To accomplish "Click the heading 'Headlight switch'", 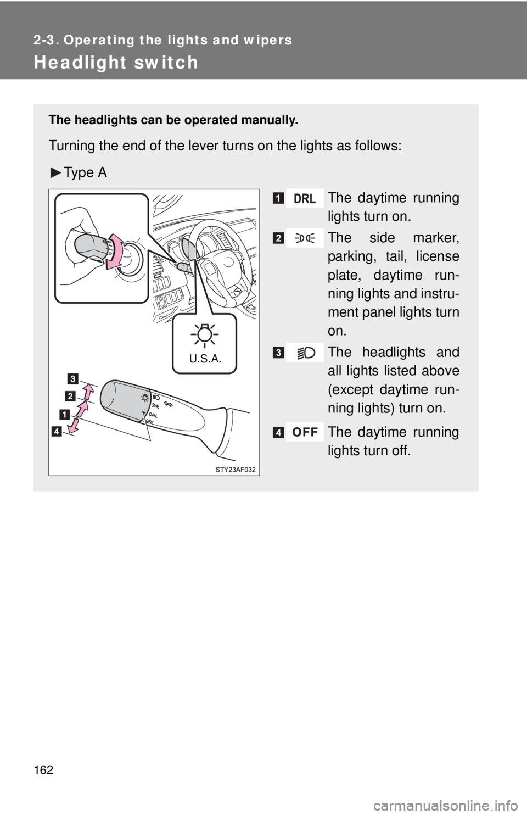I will [x=115, y=62].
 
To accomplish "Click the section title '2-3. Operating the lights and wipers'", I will [x=162, y=40].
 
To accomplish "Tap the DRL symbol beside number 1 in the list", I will [x=305, y=198].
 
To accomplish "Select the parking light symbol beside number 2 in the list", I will [x=305, y=238].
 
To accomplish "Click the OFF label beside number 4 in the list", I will [x=305, y=433].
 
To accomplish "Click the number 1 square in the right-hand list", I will [x=279, y=198].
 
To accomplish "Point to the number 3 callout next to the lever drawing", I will [x=73, y=377].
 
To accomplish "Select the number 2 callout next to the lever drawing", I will [x=70, y=395].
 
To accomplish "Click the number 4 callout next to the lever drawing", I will [x=58, y=431].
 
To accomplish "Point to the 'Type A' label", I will [x=85, y=172].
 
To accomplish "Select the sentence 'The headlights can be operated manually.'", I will [x=173, y=120].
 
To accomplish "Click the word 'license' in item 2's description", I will [x=440, y=256].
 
